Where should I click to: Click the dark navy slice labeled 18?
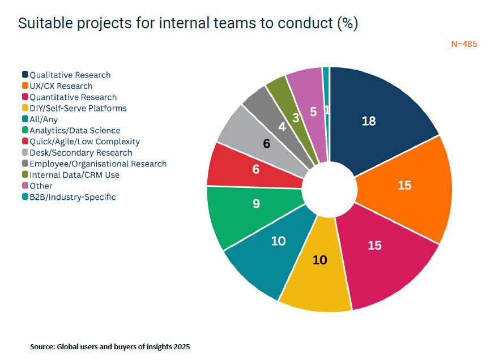376,118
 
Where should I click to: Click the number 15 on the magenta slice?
374,246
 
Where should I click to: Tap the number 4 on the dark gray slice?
282,127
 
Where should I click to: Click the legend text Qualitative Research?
70,75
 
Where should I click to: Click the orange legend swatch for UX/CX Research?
25,85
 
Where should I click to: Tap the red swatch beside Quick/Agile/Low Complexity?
25,141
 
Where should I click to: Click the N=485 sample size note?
464,44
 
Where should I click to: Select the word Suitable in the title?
45,23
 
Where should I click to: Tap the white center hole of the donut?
330,189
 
